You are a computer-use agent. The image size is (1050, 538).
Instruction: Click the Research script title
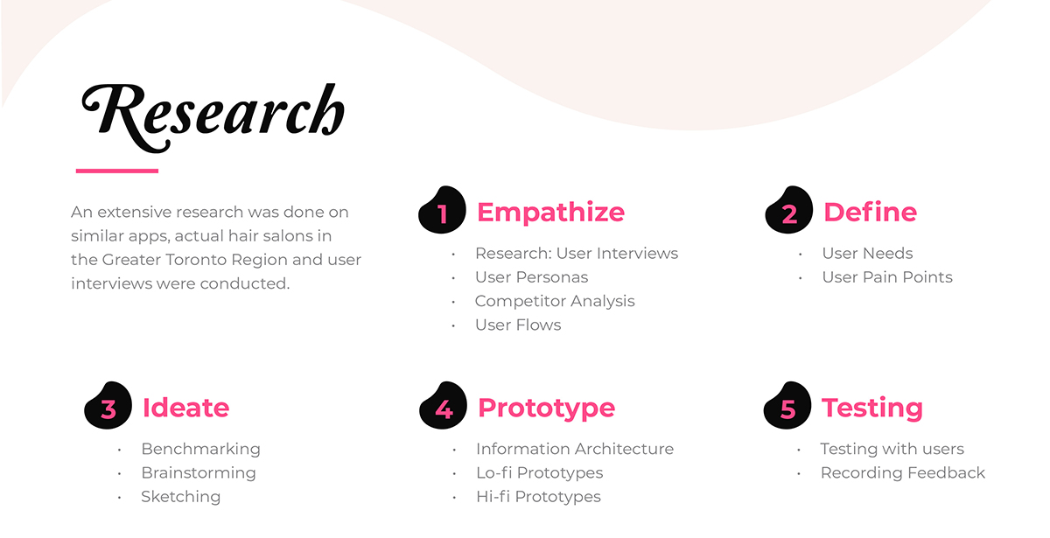click(213, 117)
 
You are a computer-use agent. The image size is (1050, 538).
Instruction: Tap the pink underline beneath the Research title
click(117, 171)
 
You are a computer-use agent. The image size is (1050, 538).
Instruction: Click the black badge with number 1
click(442, 209)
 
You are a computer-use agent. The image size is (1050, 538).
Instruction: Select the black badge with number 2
click(789, 209)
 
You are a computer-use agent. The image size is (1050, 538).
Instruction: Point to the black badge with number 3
click(108, 405)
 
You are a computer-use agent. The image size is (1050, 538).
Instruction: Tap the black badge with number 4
click(443, 405)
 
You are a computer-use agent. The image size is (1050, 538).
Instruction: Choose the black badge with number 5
click(787, 405)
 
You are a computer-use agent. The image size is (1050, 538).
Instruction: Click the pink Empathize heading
click(550, 213)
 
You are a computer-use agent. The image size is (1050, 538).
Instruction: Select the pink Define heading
click(870, 212)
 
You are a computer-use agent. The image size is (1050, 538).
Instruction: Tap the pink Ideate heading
click(186, 408)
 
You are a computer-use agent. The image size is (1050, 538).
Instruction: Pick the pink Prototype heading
click(547, 409)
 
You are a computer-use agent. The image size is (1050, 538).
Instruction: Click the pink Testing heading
click(872, 409)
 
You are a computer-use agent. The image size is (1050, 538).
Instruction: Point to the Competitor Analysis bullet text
click(555, 301)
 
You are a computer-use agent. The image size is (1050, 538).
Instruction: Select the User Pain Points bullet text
click(887, 277)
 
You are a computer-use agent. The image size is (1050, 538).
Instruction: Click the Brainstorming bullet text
click(199, 473)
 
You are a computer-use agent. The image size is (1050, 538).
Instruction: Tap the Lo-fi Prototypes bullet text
click(540, 473)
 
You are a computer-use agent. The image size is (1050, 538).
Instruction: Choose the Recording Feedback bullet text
click(903, 473)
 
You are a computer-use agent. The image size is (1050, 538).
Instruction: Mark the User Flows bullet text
click(518, 325)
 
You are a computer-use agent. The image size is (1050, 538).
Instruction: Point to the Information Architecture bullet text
click(575, 449)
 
